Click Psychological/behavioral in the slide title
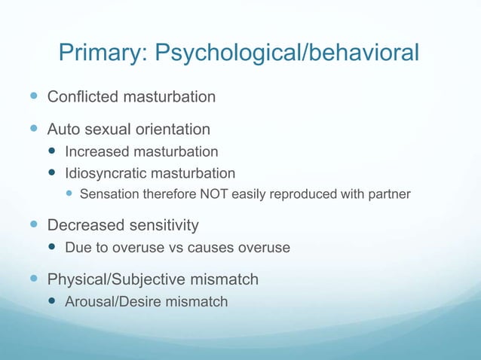point(286,53)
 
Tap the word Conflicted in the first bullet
point(79,97)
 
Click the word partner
point(389,195)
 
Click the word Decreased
point(82,225)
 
